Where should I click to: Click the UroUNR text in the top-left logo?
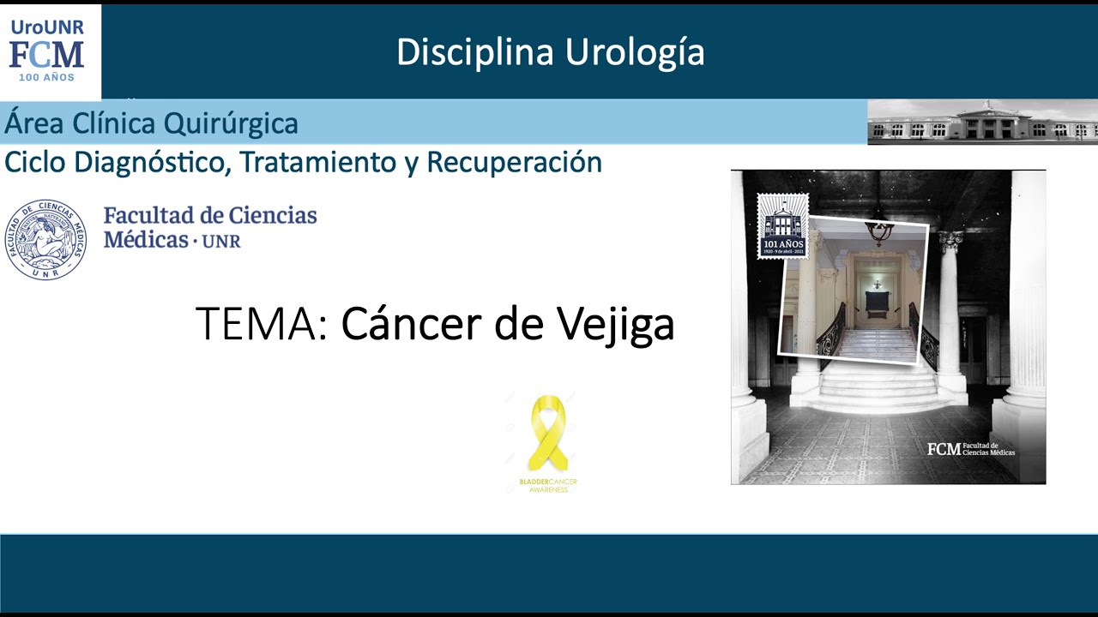click(47, 27)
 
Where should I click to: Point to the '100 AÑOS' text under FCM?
click(47, 78)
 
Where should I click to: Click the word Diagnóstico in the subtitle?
click(159, 162)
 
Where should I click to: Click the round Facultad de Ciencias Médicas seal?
click(45, 240)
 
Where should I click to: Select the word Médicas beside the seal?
click(146, 239)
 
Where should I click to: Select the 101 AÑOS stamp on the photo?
click(781, 226)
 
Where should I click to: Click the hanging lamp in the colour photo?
click(878, 230)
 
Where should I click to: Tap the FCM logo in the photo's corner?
click(970, 449)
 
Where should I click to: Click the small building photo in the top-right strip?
click(982, 122)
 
